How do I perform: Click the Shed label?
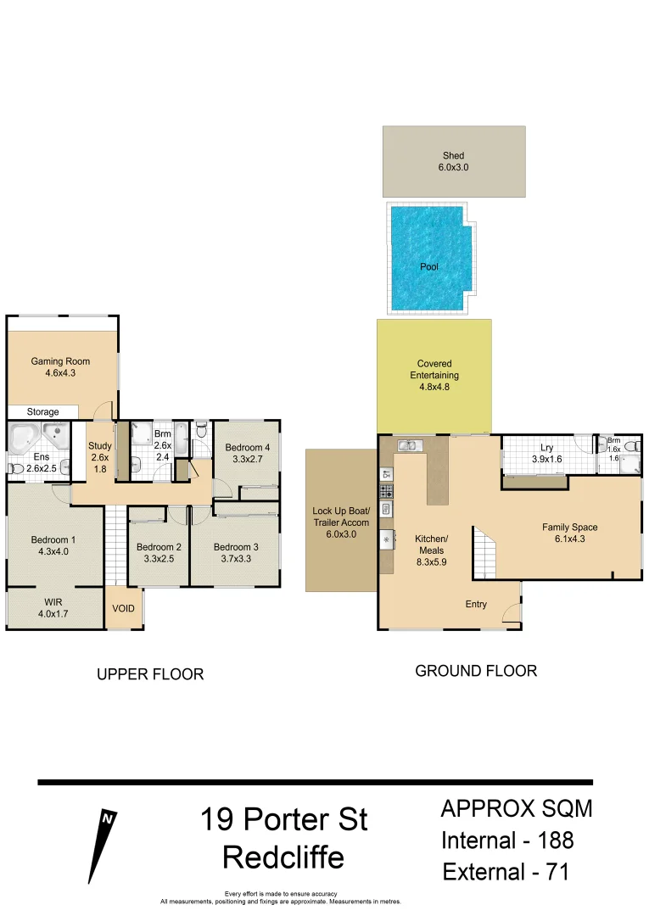point(454,156)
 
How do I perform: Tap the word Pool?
point(429,267)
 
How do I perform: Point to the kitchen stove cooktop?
point(386,491)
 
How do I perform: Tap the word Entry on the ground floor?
point(476,605)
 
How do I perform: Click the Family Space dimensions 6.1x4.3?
point(569,539)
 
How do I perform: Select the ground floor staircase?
point(483,556)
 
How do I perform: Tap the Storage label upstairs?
point(42,412)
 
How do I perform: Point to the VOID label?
point(123,609)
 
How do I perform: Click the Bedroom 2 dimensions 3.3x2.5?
point(159,559)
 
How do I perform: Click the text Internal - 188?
point(507,841)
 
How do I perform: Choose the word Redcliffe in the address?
point(283,857)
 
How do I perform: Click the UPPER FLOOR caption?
point(149,674)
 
